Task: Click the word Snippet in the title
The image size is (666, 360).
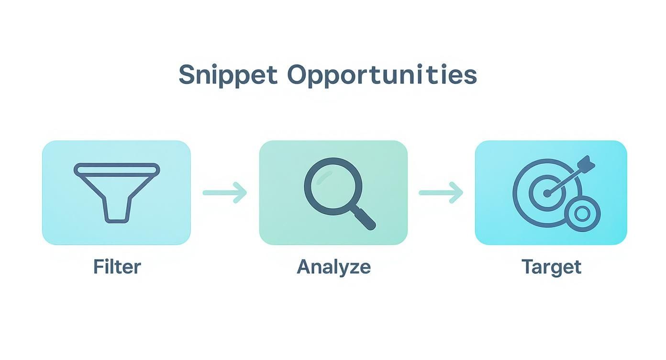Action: pos(228,75)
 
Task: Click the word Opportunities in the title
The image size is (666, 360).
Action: pos(382,75)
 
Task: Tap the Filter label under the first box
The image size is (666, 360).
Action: pos(117,267)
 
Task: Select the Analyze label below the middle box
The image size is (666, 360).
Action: pos(333,267)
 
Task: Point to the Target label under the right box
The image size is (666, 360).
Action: pos(551,267)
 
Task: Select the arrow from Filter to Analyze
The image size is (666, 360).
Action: pos(224,192)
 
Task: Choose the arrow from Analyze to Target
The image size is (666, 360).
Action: pos(441,192)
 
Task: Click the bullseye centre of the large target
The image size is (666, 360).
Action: pos(546,193)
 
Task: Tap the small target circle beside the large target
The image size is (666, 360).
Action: pos(582,214)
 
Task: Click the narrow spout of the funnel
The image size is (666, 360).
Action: pos(117,211)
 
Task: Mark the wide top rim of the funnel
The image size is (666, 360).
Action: pos(117,169)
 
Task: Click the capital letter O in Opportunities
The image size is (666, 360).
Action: pos(299,75)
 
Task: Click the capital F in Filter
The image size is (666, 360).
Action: pos(99,266)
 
